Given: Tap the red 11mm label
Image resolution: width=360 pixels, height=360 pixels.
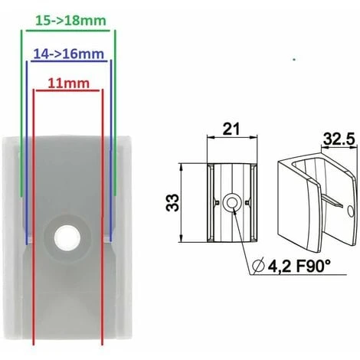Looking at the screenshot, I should pyautogui.click(x=67, y=83).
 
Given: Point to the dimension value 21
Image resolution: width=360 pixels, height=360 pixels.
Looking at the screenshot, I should pyautogui.click(x=228, y=131).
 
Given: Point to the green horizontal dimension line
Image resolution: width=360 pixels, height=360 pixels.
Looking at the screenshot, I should pyautogui.click(x=68, y=30).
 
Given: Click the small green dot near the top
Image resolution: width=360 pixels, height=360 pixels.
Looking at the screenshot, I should pyautogui.click(x=294, y=58).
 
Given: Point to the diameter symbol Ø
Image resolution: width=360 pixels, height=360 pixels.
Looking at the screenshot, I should pyautogui.click(x=257, y=266).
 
